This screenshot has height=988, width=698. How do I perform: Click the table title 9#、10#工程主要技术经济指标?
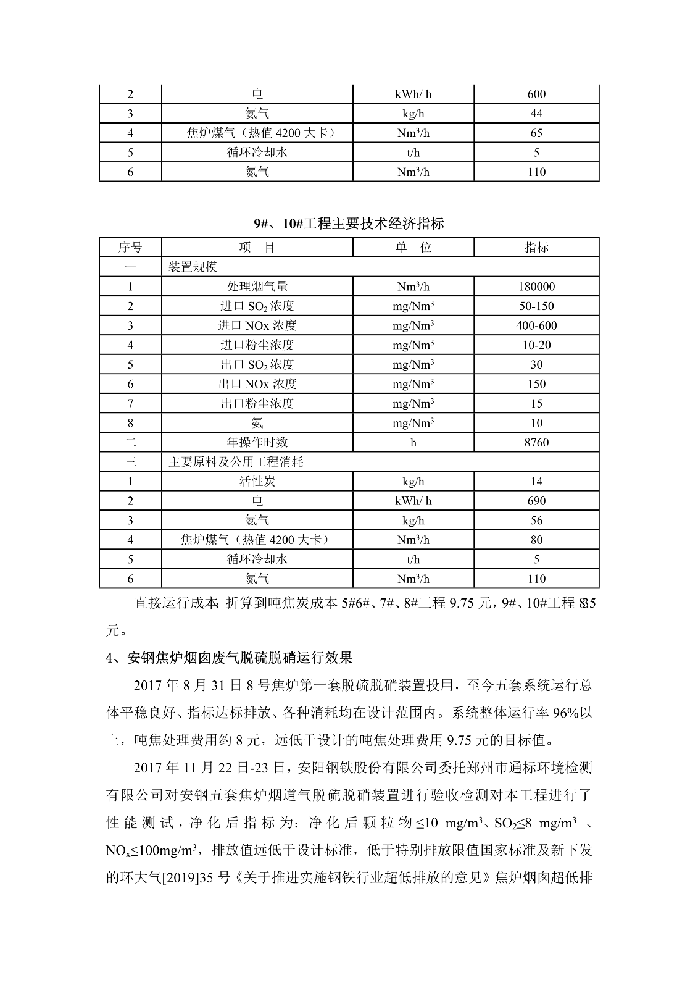349,224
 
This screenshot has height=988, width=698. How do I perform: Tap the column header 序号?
130,248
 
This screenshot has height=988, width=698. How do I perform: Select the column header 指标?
536,248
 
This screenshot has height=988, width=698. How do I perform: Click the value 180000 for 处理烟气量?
536,287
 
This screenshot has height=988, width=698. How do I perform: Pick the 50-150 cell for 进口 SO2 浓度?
536,306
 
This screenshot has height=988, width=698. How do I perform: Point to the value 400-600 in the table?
536,325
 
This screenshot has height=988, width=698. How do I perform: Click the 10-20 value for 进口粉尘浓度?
536,345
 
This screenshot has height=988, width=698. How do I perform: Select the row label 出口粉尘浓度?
257,404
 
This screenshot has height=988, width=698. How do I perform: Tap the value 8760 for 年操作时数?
536,443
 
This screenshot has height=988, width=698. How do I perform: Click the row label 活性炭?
257,482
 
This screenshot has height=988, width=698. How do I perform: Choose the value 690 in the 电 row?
536,501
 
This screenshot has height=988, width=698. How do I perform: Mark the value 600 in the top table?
536,94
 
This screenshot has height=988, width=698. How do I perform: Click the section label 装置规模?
193,267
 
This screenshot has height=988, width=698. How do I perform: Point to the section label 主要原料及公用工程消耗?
236,462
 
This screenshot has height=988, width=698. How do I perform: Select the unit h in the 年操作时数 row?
413,443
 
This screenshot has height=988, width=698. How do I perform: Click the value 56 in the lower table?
536,521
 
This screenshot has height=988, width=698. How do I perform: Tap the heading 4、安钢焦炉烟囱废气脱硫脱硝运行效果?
229,658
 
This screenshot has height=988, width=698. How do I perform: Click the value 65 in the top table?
536,133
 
